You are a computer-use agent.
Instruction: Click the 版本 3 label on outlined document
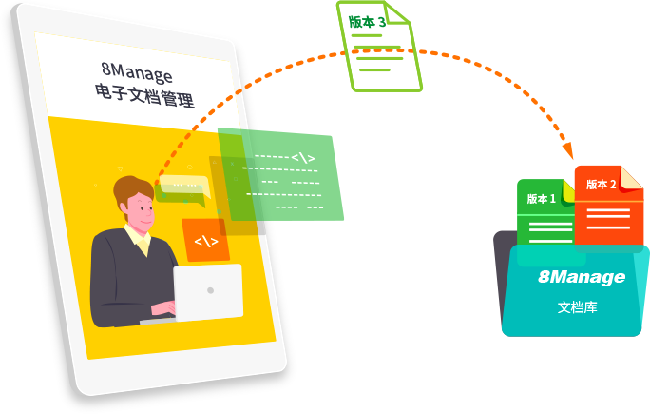[x=366, y=20]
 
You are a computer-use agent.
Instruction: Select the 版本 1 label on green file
[x=542, y=199]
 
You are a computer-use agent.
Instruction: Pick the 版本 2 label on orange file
[x=601, y=184]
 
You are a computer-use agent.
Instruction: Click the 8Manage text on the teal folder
[x=582, y=277]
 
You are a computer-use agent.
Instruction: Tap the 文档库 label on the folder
[x=577, y=307]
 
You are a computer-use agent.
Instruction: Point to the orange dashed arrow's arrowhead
[x=568, y=151]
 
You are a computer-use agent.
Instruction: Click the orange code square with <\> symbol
[x=206, y=241]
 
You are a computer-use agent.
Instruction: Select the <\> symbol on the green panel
[x=302, y=157]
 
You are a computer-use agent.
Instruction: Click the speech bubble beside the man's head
[x=182, y=187]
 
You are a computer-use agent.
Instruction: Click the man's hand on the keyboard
[x=163, y=311]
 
